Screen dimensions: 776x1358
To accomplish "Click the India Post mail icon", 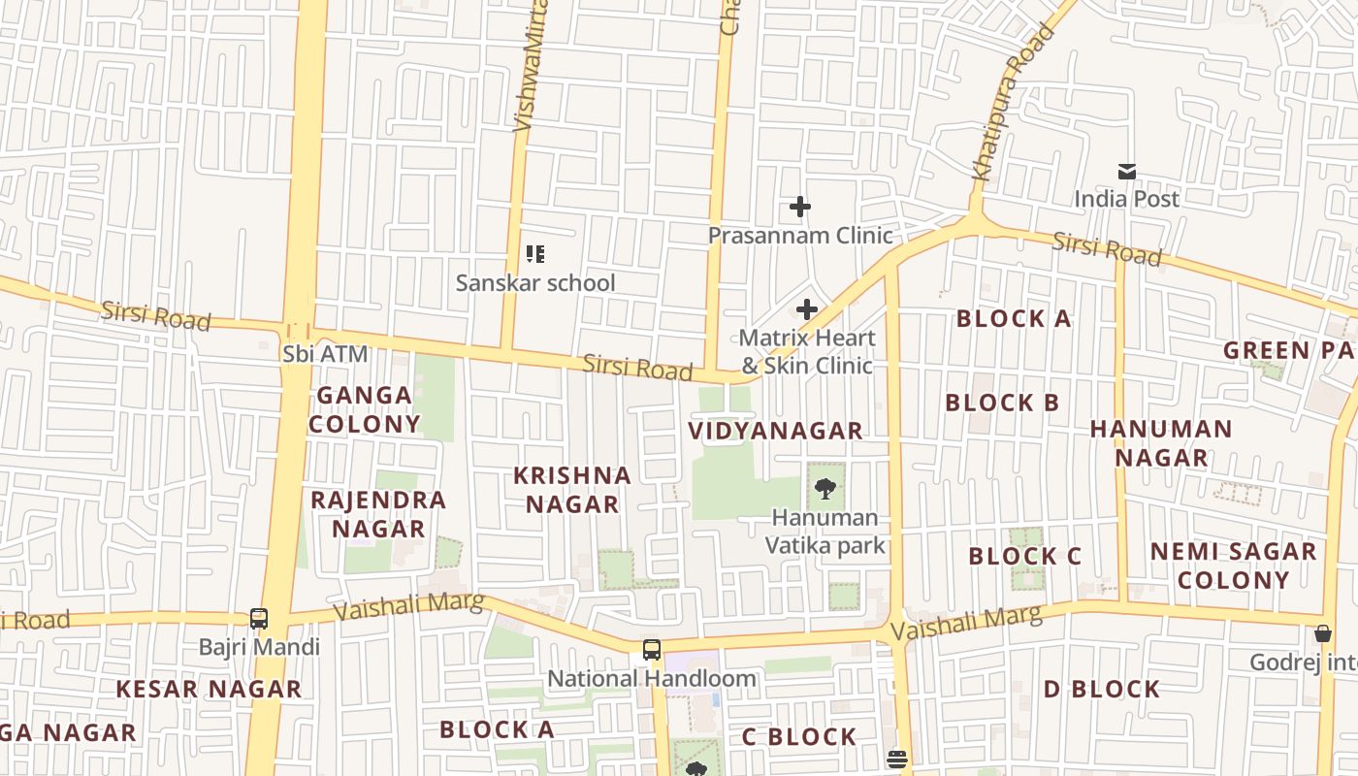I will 1126,172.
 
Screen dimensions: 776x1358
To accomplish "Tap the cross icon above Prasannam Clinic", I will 799,207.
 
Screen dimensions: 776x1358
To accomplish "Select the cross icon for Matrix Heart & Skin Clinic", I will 806,309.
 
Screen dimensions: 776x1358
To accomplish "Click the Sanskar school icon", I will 534,254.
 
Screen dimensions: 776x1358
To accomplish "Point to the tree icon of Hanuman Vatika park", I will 824,489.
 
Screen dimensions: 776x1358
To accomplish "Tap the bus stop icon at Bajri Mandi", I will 258,618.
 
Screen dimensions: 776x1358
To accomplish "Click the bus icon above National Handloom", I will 651,650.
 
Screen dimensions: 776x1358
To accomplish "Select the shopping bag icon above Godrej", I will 1322,633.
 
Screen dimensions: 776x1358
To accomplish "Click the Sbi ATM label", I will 325,354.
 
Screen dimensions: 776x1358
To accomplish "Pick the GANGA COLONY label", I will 364,409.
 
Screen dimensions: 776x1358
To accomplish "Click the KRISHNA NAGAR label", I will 571,490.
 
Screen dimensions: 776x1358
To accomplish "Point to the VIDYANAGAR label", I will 775,431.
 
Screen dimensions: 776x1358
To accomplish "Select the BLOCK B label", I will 1002,403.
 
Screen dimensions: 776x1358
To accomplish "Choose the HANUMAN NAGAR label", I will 1160,442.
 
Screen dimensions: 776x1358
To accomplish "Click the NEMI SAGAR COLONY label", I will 1233,566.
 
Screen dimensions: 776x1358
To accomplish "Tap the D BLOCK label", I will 1101,689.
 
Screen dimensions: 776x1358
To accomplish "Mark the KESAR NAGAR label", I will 209,689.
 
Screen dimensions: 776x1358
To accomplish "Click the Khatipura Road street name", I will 1013,103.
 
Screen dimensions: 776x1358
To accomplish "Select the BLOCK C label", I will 1024,557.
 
